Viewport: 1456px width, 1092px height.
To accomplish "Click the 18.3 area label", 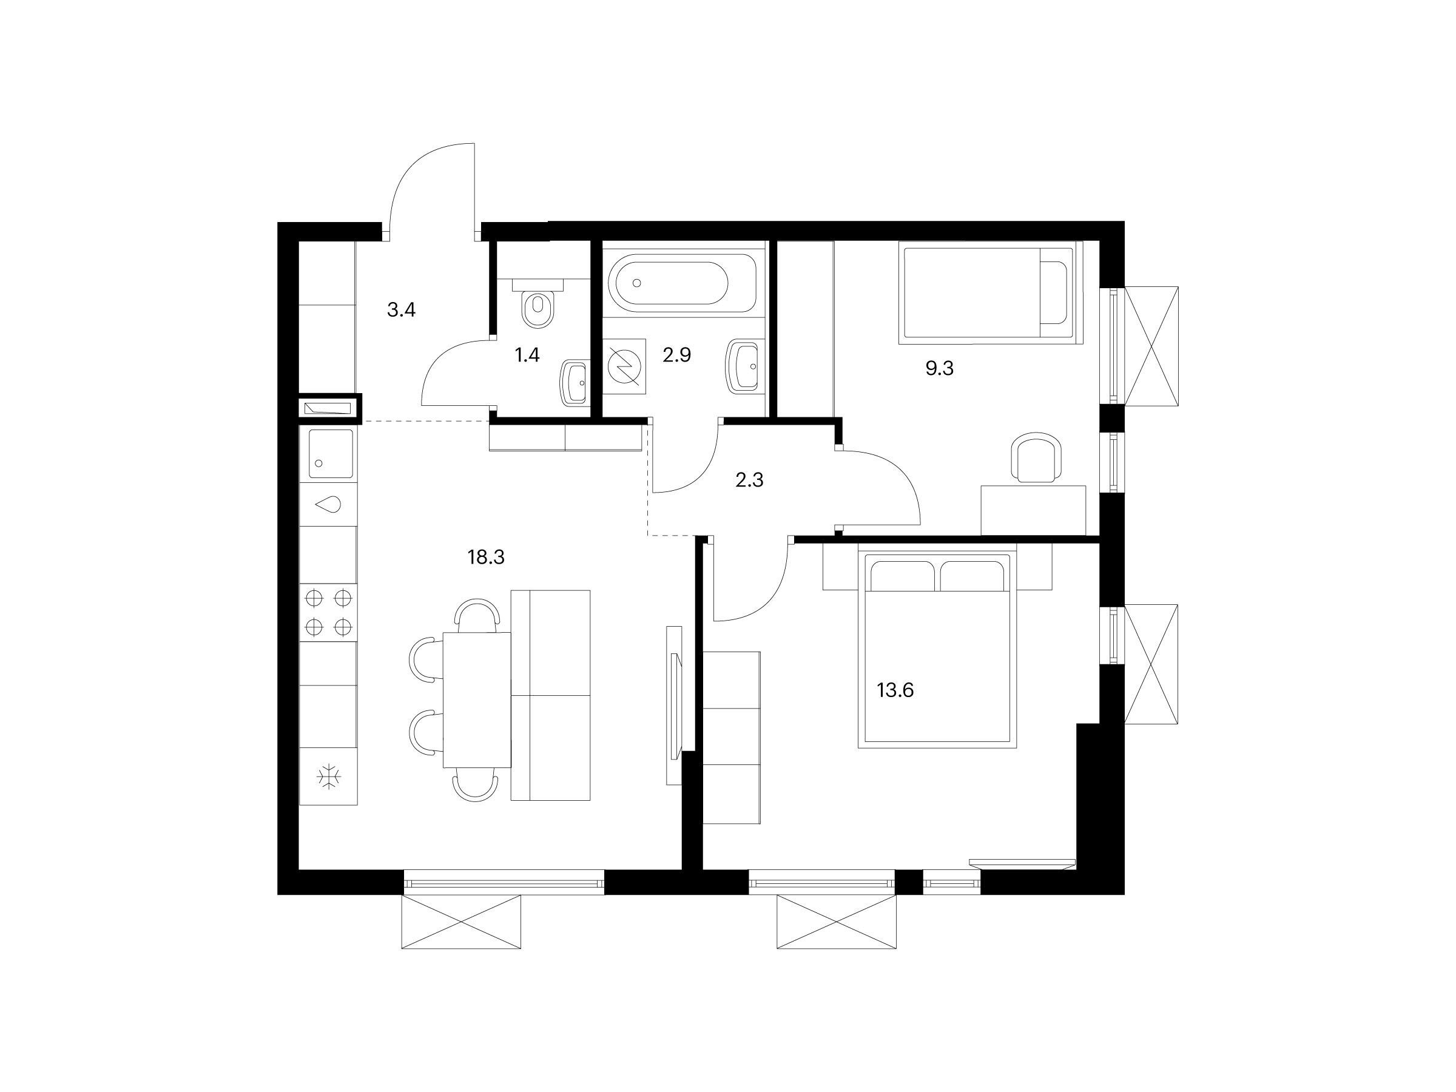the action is tap(486, 558).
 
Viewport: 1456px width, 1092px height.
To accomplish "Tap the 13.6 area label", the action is tap(895, 690).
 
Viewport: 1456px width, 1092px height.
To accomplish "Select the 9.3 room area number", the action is tap(939, 369).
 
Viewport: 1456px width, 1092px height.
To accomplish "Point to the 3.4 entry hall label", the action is tap(402, 309).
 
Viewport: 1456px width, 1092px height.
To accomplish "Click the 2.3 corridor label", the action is tap(749, 480).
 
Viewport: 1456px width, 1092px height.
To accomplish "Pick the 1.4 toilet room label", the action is tap(527, 356).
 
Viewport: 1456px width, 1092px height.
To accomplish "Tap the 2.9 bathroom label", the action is tap(676, 356).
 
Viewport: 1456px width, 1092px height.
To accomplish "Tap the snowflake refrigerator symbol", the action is tap(328, 777).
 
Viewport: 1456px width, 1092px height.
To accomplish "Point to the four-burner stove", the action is tap(328, 613).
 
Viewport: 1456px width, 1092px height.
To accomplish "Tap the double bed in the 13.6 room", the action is tap(937, 649).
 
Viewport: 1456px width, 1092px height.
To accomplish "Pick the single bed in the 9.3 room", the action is tap(991, 292).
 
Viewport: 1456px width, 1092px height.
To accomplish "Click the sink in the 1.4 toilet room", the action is tap(574, 385).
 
